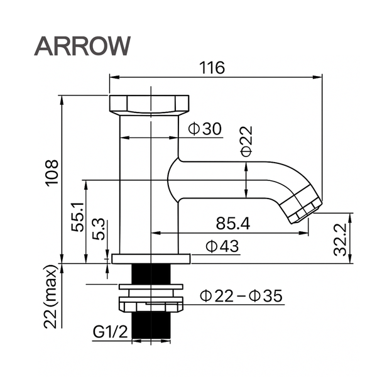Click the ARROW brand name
pyautogui.click(x=82, y=45)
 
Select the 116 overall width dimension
pyautogui.click(x=213, y=68)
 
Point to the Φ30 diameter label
pyautogui.click(x=205, y=129)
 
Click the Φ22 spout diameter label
pyautogui.click(x=246, y=141)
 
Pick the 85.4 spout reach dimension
pyautogui.click(x=232, y=223)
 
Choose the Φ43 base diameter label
pyautogui.click(x=222, y=247)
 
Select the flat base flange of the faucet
pyautogui.click(x=151, y=258)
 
